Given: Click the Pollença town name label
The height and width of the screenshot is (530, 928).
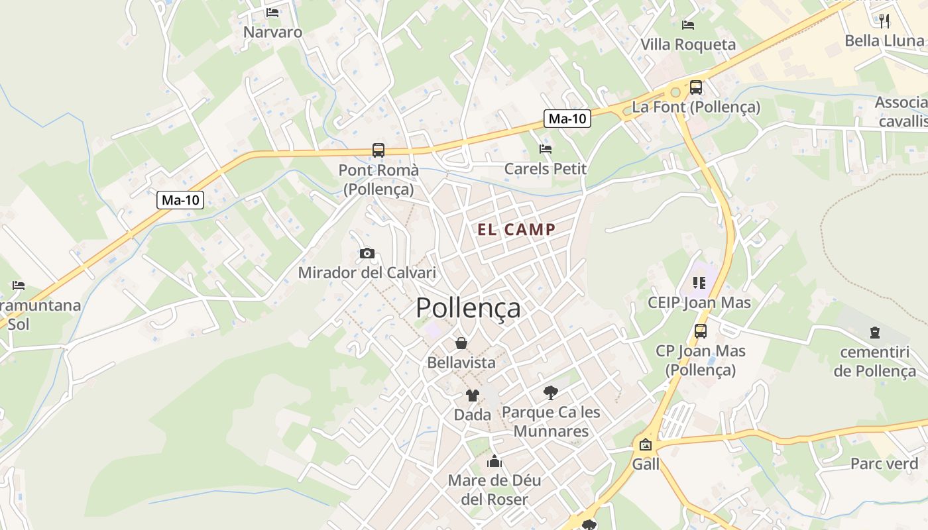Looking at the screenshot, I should pyautogui.click(x=468, y=309).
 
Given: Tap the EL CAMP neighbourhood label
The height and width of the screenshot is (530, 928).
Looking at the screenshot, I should pyautogui.click(x=516, y=230).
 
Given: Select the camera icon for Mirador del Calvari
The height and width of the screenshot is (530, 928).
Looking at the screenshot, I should pyautogui.click(x=367, y=253).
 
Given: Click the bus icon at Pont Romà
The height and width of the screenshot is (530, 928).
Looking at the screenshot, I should pyautogui.click(x=378, y=150).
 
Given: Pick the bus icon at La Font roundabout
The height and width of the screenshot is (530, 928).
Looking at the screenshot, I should pyautogui.click(x=696, y=87).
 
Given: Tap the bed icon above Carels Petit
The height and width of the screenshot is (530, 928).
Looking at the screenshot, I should pyautogui.click(x=546, y=149).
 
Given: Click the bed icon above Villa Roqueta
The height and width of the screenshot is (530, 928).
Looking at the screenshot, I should pyautogui.click(x=688, y=25).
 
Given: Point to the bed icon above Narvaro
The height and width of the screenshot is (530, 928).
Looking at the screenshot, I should pyautogui.click(x=272, y=13).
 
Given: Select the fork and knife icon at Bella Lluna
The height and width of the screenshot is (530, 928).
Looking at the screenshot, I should pyautogui.click(x=884, y=21).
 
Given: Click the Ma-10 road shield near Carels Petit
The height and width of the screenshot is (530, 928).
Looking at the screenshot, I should pyautogui.click(x=567, y=119).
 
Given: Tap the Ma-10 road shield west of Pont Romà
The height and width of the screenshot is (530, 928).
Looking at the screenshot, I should pyautogui.click(x=180, y=200).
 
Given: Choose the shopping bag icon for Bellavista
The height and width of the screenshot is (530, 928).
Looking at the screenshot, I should pyautogui.click(x=461, y=343).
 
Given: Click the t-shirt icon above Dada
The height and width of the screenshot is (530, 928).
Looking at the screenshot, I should pyautogui.click(x=472, y=396).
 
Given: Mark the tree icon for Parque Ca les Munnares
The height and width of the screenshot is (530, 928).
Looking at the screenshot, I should pyautogui.click(x=550, y=393).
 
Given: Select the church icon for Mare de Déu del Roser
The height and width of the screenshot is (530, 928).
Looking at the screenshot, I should pyautogui.click(x=494, y=461).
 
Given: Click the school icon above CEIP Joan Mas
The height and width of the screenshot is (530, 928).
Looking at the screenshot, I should pyautogui.click(x=699, y=283).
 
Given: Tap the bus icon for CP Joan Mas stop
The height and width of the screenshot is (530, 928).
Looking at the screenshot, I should pyautogui.click(x=701, y=331).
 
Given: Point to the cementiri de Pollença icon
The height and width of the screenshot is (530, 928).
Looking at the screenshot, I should pyautogui.click(x=875, y=333).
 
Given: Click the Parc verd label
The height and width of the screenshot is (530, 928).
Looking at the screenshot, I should pyautogui.click(x=884, y=464).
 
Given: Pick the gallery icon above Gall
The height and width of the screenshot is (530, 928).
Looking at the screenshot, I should pyautogui.click(x=645, y=445).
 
